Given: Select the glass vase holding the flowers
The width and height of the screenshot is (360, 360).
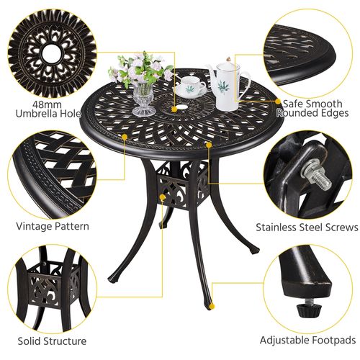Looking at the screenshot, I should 143,97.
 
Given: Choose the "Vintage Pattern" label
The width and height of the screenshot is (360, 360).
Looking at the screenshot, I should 53,226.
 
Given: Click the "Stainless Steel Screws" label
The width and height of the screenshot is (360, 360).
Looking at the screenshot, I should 307,227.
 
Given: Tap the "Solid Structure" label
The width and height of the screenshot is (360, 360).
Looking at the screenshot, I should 52,341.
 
